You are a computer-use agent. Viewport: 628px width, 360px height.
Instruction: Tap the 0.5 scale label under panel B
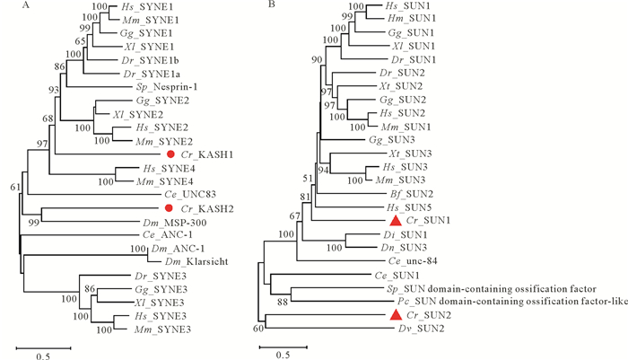(x=282, y=355)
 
